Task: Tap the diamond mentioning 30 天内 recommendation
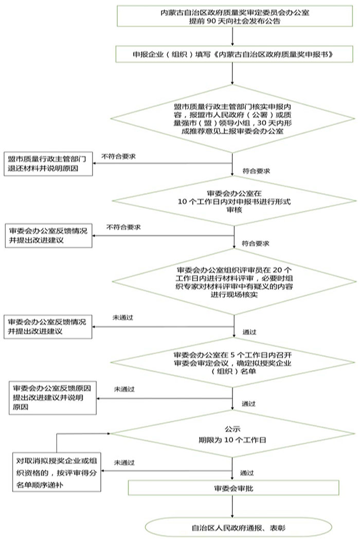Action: (x=233, y=119)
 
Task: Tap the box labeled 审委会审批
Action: (x=233, y=488)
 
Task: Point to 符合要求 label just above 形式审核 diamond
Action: (x=256, y=170)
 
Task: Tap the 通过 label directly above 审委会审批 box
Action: (x=247, y=472)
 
